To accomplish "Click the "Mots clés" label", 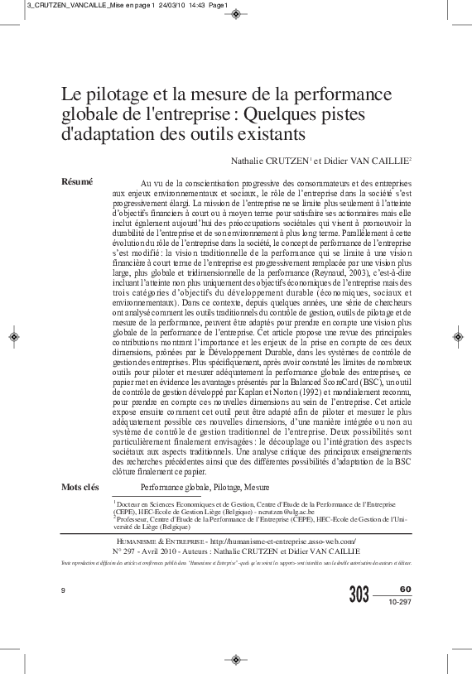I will (x=80, y=487).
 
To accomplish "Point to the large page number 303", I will (x=359, y=594).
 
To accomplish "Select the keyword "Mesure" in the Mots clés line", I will (x=257, y=487).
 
